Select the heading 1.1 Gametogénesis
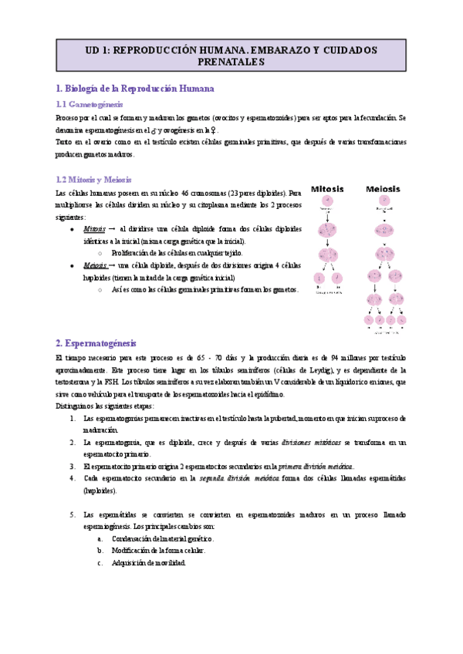point(90,104)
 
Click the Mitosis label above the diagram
point(332,188)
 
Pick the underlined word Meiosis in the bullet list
point(95,265)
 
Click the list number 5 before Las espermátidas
point(72,514)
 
